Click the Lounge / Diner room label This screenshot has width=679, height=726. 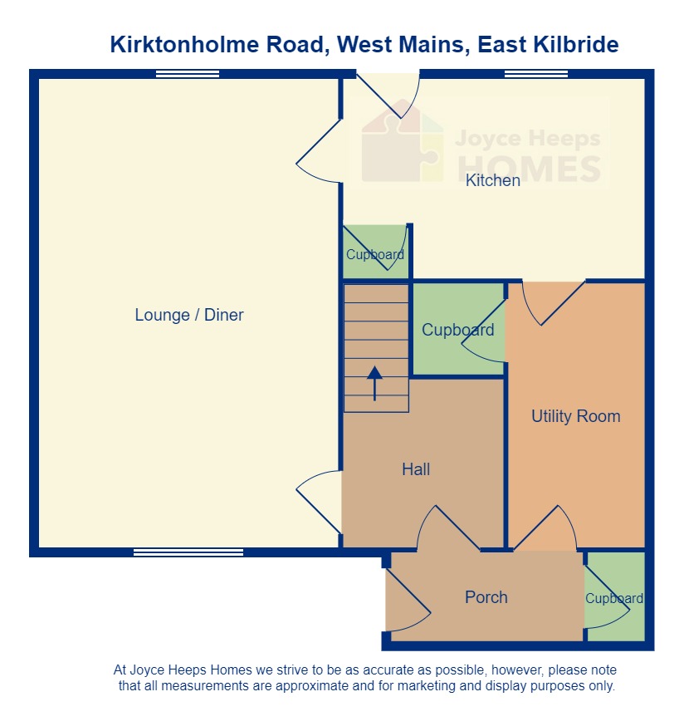[189, 316]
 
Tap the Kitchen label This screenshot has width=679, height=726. [493, 180]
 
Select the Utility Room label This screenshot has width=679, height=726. [575, 416]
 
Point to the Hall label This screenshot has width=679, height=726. [416, 469]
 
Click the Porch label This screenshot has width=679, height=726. [486, 597]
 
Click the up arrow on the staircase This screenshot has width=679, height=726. [374, 383]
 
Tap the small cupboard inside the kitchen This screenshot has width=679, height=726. [375, 253]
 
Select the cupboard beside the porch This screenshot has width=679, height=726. [614, 597]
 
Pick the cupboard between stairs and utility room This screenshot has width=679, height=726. [457, 330]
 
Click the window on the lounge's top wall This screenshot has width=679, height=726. [188, 74]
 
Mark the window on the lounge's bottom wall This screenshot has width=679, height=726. [188, 552]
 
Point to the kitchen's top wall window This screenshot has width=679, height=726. [535, 74]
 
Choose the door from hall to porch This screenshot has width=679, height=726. [448, 530]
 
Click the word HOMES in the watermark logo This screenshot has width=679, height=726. [529, 168]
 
